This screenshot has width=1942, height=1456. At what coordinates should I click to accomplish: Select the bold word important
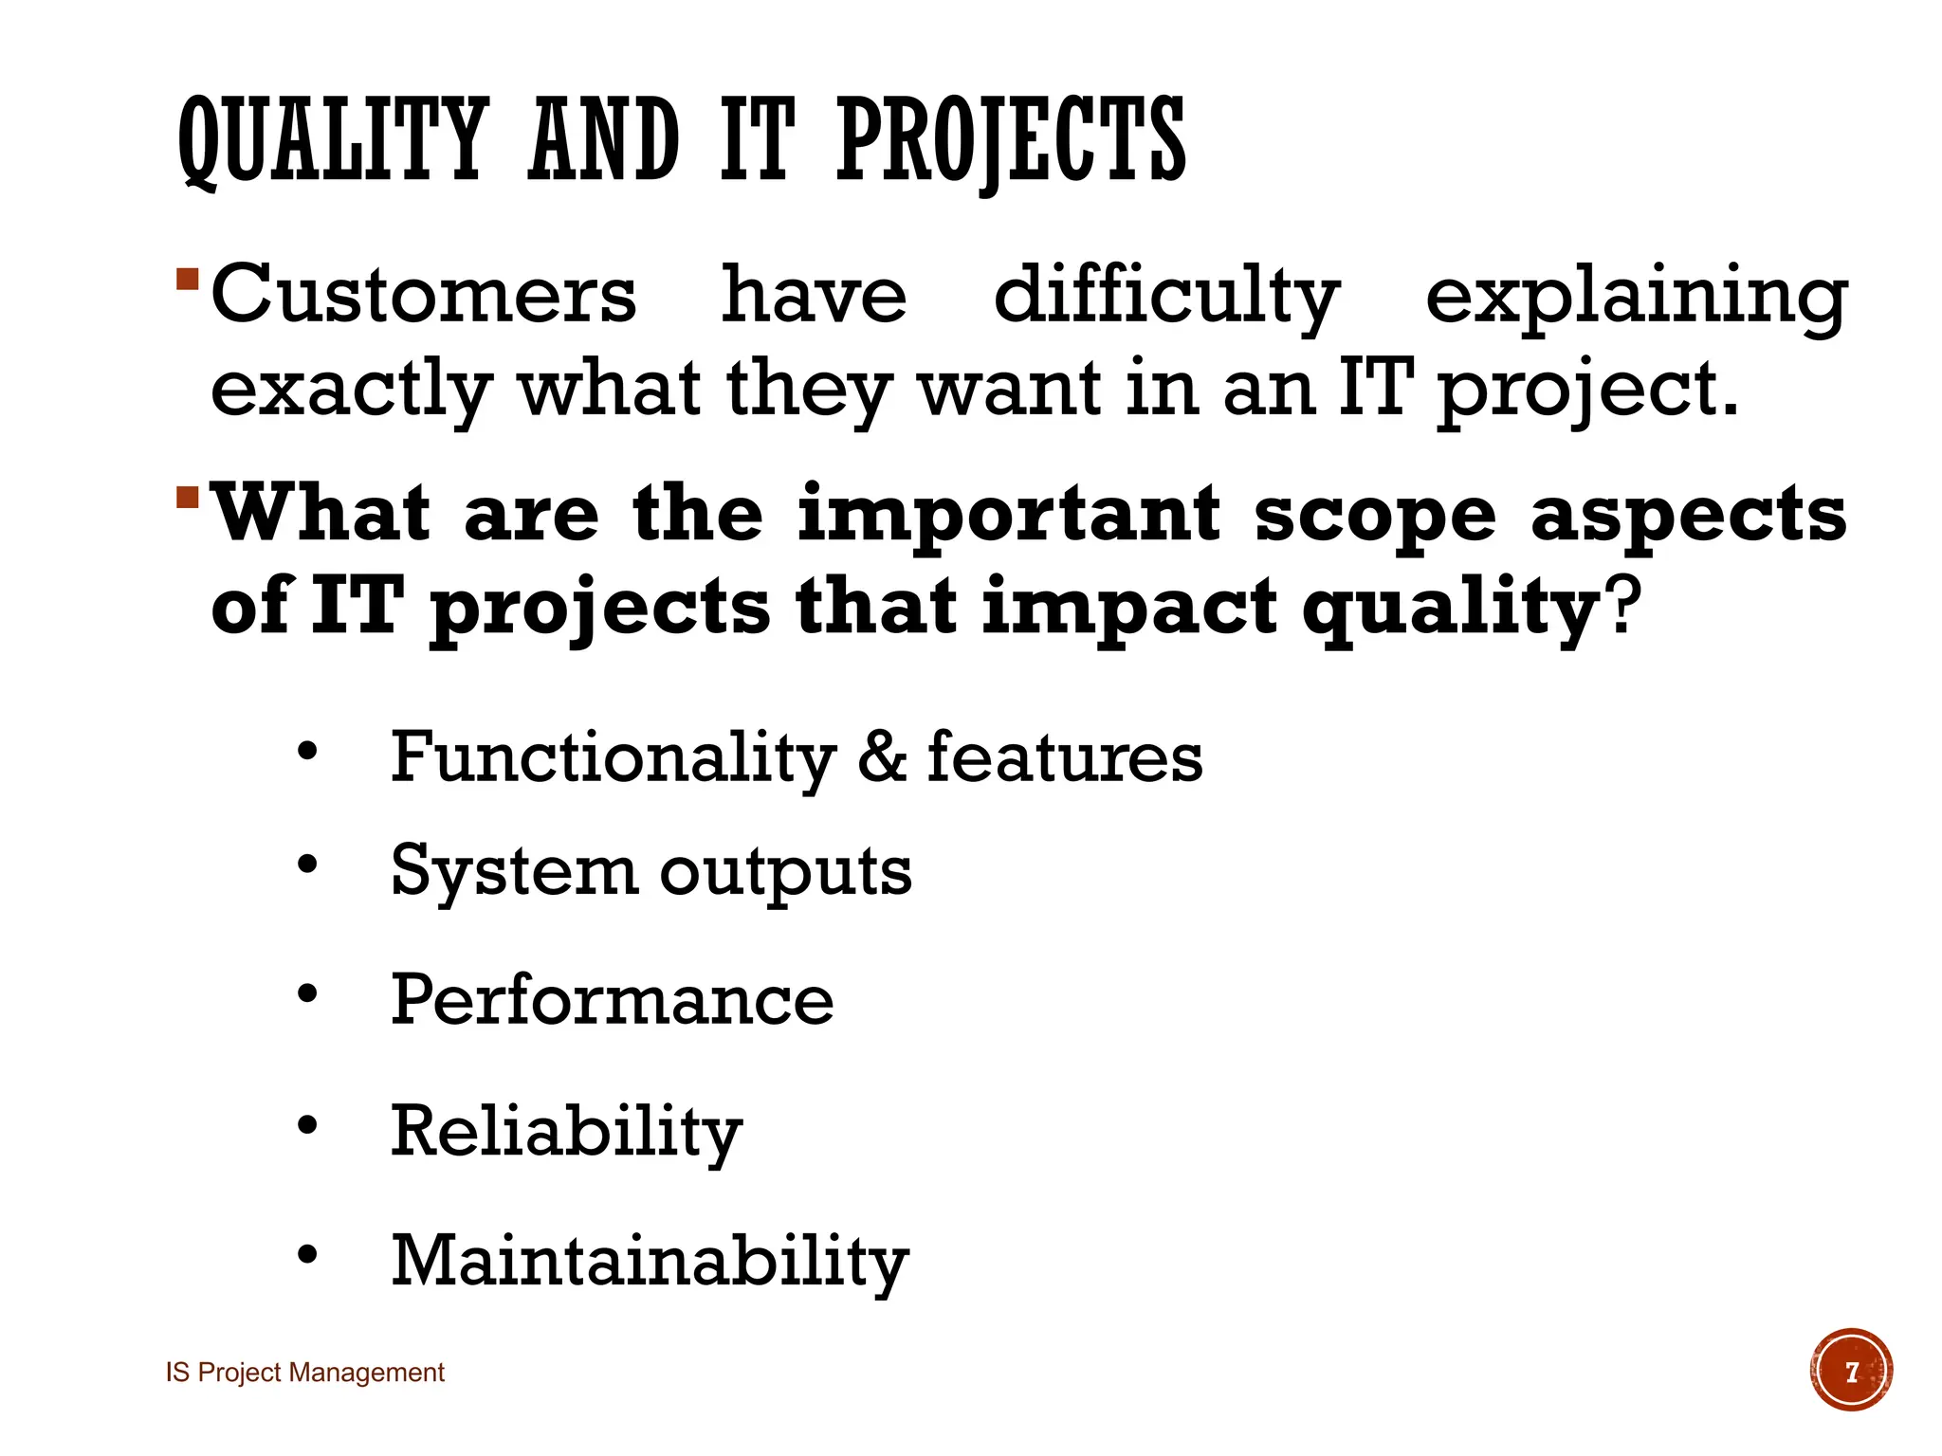(x=1009, y=515)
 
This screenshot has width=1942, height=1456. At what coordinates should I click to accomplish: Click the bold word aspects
(x=1689, y=515)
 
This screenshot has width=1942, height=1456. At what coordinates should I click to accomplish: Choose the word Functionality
(x=613, y=757)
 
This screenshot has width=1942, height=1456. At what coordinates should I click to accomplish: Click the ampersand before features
(x=882, y=757)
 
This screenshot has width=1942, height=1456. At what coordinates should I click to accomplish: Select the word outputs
(x=785, y=871)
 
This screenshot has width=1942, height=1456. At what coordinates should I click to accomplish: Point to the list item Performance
(x=613, y=1000)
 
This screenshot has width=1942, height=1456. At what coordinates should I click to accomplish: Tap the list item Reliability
(x=566, y=1131)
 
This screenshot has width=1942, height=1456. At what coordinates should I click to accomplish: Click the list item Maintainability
(x=650, y=1261)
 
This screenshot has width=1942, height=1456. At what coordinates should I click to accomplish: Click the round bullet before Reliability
(x=306, y=1125)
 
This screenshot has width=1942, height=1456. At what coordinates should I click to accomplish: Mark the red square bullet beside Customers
(x=187, y=280)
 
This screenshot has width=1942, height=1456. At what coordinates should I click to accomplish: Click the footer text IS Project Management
(x=305, y=1373)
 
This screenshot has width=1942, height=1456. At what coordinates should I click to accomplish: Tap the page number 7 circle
(x=1850, y=1371)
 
